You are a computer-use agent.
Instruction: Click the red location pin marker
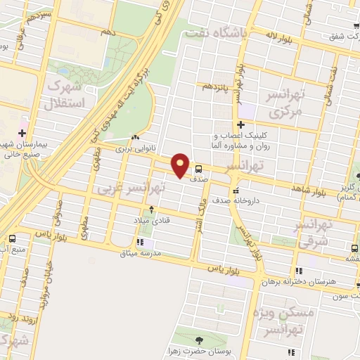coord(181,165)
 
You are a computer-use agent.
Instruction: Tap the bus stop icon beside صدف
coord(200,169)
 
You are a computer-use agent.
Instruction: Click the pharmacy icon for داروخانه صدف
coord(236,191)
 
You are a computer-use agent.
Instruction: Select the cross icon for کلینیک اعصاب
coord(240,124)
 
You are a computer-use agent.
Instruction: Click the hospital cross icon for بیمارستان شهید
coord(22,132)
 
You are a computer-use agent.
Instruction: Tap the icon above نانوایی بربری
coord(135,138)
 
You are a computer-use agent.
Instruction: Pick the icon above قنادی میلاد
coord(150,210)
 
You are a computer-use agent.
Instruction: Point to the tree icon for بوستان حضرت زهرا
coord(200,340)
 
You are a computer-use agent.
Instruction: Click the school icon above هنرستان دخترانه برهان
coord(300,271)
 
